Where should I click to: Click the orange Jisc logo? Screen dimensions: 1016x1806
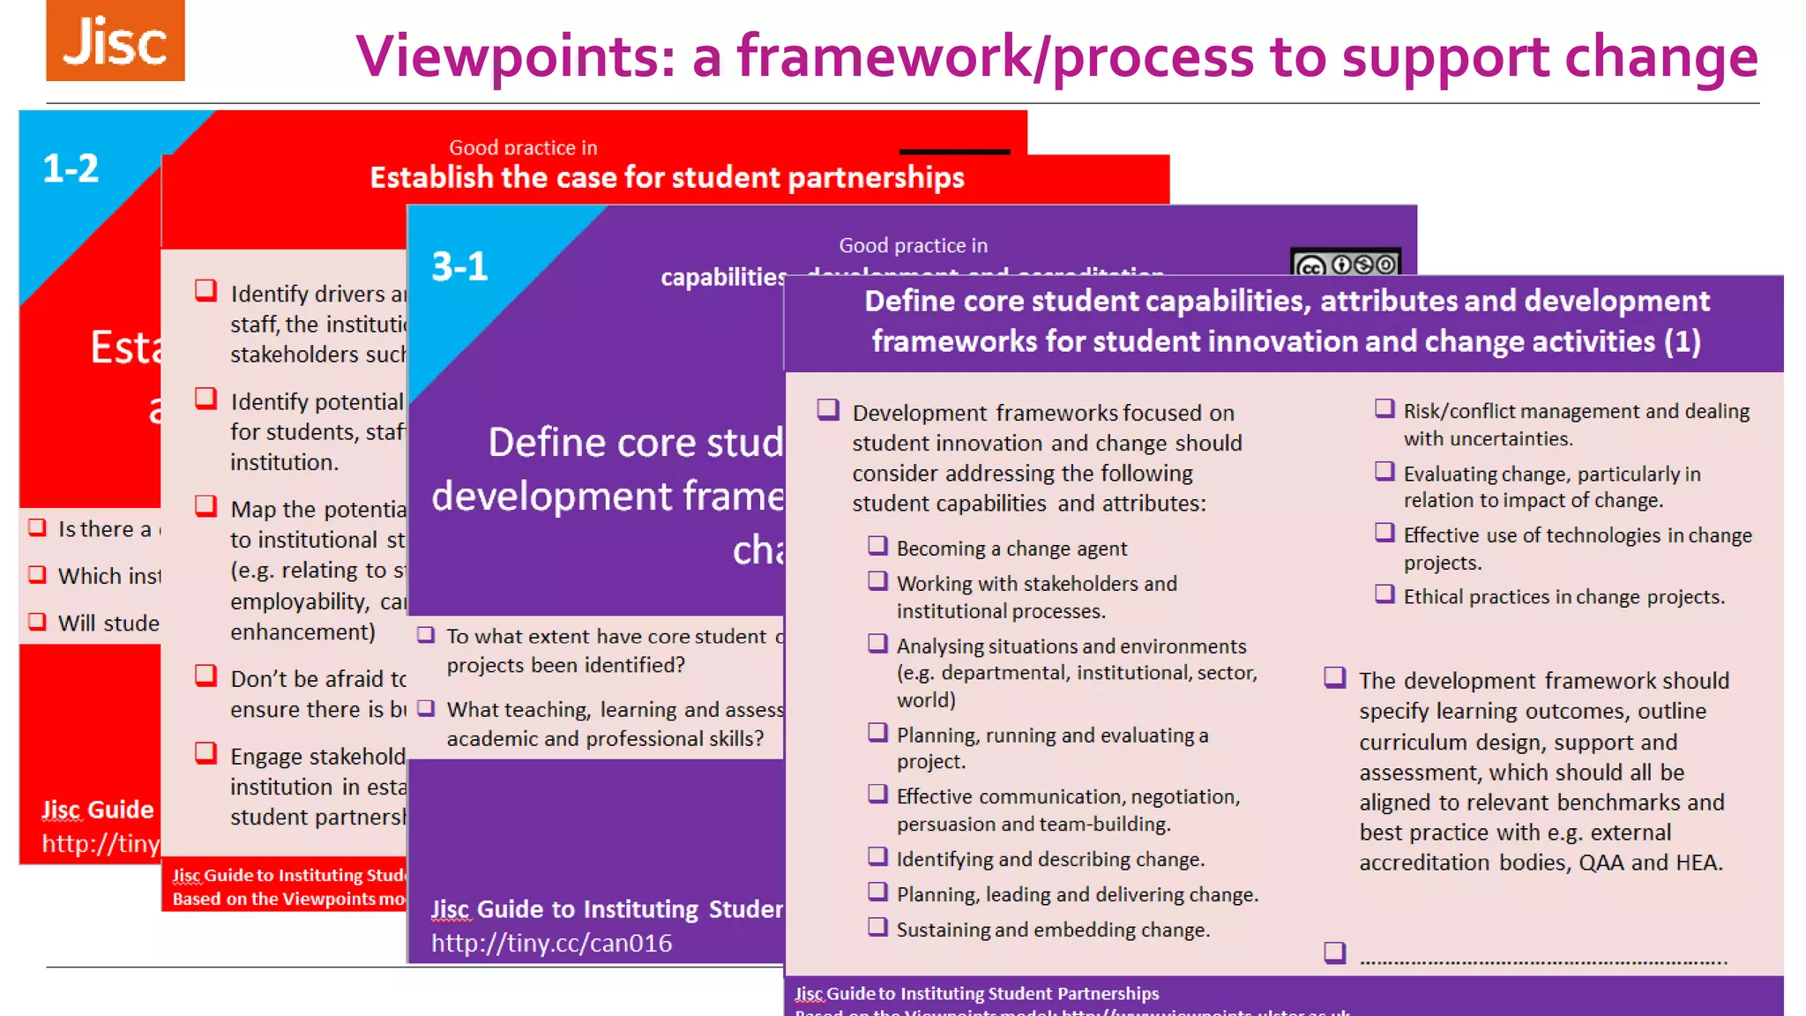tap(116, 41)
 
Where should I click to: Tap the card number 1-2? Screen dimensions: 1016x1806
tap(71, 168)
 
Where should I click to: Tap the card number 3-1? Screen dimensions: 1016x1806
tap(459, 266)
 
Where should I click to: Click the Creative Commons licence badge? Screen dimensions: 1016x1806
tap(1345, 264)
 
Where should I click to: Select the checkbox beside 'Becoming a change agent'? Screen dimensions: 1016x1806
tap(877, 546)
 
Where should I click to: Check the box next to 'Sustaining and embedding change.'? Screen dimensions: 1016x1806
tap(877, 927)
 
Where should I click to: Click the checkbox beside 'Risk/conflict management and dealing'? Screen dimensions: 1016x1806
tap(1384, 408)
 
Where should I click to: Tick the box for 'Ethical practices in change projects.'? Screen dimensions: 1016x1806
tap(1384, 594)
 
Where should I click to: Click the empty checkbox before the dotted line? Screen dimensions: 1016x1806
tap(1335, 952)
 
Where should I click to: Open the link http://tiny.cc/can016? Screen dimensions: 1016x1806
tap(551, 943)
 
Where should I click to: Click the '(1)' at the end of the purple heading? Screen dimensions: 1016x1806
tap(1682, 341)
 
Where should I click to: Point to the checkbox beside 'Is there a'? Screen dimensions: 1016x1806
tap(37, 527)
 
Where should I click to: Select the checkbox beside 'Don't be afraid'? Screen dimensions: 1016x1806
tap(205, 676)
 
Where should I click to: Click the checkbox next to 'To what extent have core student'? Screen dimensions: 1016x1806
tap(426, 635)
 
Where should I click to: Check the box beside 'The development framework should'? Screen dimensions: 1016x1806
tap(1335, 677)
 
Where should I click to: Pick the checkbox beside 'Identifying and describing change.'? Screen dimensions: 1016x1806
tap(877, 856)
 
